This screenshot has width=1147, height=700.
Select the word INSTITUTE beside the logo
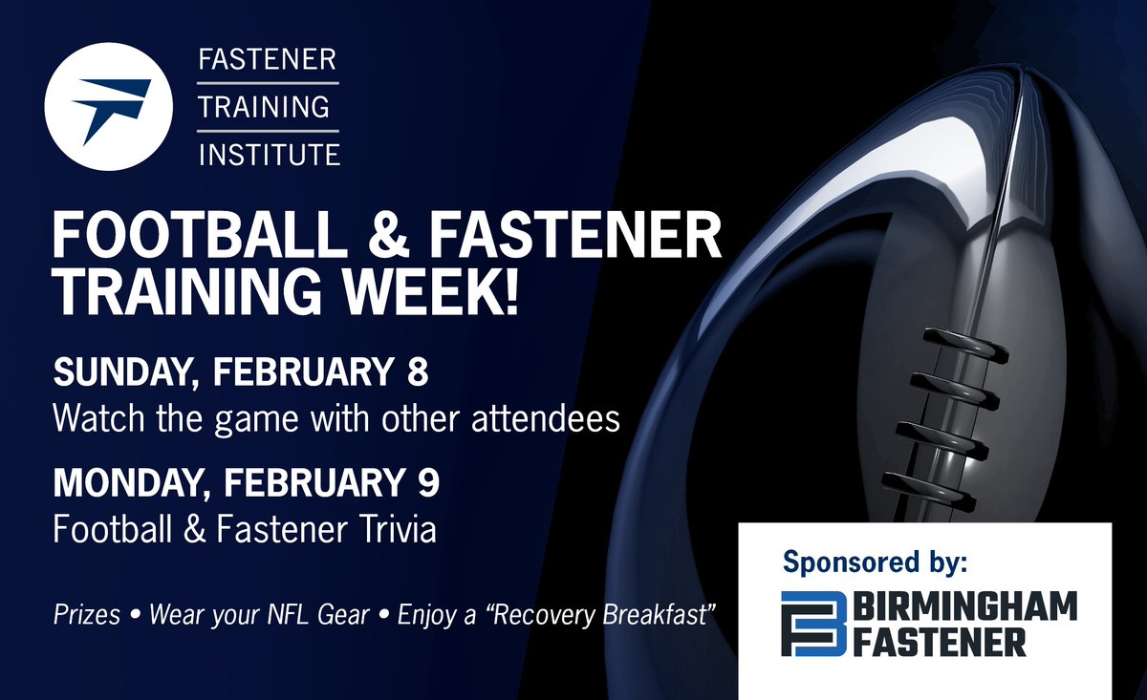tap(269, 153)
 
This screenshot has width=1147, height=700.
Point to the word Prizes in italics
tap(87, 614)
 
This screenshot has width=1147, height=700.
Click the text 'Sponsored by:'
tap(875, 562)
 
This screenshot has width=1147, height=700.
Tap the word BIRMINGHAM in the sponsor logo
tap(964, 606)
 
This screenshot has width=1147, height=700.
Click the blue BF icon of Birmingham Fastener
tap(813, 624)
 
